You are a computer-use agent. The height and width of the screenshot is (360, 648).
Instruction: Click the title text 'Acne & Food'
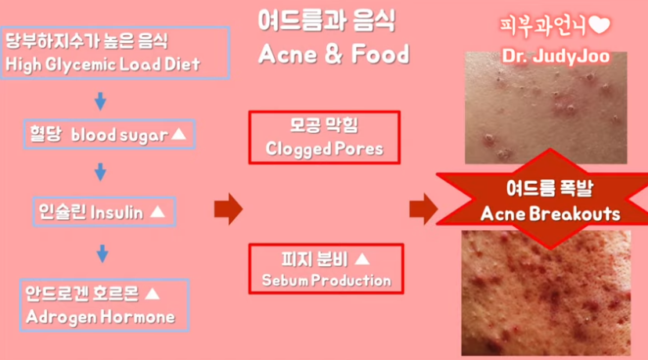click(x=334, y=54)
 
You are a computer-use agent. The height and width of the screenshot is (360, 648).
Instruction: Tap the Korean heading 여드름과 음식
click(x=327, y=20)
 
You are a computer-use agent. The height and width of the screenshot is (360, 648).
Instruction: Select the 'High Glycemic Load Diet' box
click(x=115, y=52)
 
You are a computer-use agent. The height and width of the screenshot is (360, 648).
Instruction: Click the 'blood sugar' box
click(x=110, y=135)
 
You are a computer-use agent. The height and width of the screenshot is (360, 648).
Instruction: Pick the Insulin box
click(x=105, y=212)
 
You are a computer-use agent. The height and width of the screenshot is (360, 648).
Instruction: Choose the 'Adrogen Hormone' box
click(x=104, y=305)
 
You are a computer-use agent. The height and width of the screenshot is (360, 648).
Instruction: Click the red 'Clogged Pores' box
click(x=325, y=137)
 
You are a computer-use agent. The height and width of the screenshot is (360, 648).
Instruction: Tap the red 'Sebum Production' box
click(x=326, y=268)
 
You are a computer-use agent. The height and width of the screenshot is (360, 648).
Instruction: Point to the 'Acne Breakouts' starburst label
click(x=550, y=200)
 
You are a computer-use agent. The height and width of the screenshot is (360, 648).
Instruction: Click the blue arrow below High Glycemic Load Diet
click(x=100, y=101)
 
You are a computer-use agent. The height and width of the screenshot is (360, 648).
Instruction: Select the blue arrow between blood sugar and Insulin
click(x=100, y=172)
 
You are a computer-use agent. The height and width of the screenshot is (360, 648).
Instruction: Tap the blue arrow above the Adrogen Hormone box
click(x=103, y=254)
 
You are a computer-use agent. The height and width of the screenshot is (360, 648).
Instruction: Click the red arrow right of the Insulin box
click(x=228, y=209)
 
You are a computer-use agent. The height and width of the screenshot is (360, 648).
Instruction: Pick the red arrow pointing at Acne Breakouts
click(x=423, y=209)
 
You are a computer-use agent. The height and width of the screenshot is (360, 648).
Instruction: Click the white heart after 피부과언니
click(x=599, y=26)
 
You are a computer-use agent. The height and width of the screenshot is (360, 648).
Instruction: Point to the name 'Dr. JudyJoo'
click(x=556, y=56)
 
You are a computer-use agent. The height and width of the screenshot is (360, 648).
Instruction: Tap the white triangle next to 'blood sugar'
click(x=179, y=134)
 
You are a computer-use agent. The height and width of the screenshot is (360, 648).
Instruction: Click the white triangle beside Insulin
click(x=157, y=212)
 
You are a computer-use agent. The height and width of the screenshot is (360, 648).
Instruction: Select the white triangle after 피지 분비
click(x=362, y=259)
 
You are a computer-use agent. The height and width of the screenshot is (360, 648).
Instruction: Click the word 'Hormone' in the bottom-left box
click(x=138, y=317)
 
